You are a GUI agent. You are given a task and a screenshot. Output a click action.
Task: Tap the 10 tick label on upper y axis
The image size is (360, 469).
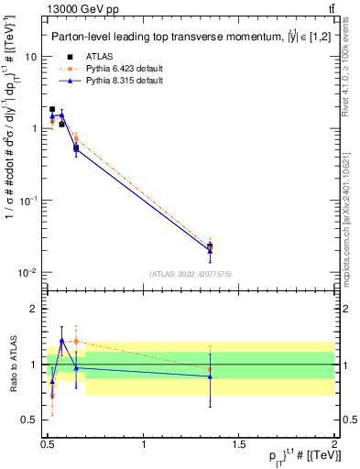coord(30,57)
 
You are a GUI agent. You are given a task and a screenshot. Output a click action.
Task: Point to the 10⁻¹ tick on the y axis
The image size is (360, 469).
coord(28,201)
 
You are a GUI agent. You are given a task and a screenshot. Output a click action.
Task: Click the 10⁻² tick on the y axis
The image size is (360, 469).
coord(28,273)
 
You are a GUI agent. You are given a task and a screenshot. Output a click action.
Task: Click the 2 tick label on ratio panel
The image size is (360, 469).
coord(34,310)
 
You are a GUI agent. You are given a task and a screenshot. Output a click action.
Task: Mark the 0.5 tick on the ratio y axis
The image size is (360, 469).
coord(29,420)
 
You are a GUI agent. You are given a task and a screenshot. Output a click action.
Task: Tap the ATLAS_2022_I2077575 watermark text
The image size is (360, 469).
coord(191,274)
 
